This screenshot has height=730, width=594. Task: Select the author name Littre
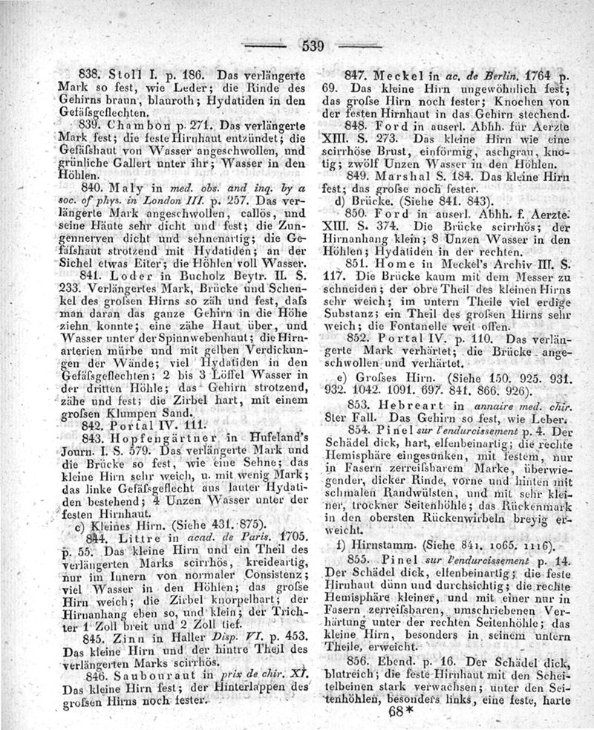pos(133,536)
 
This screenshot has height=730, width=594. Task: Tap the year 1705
pos(268,537)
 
